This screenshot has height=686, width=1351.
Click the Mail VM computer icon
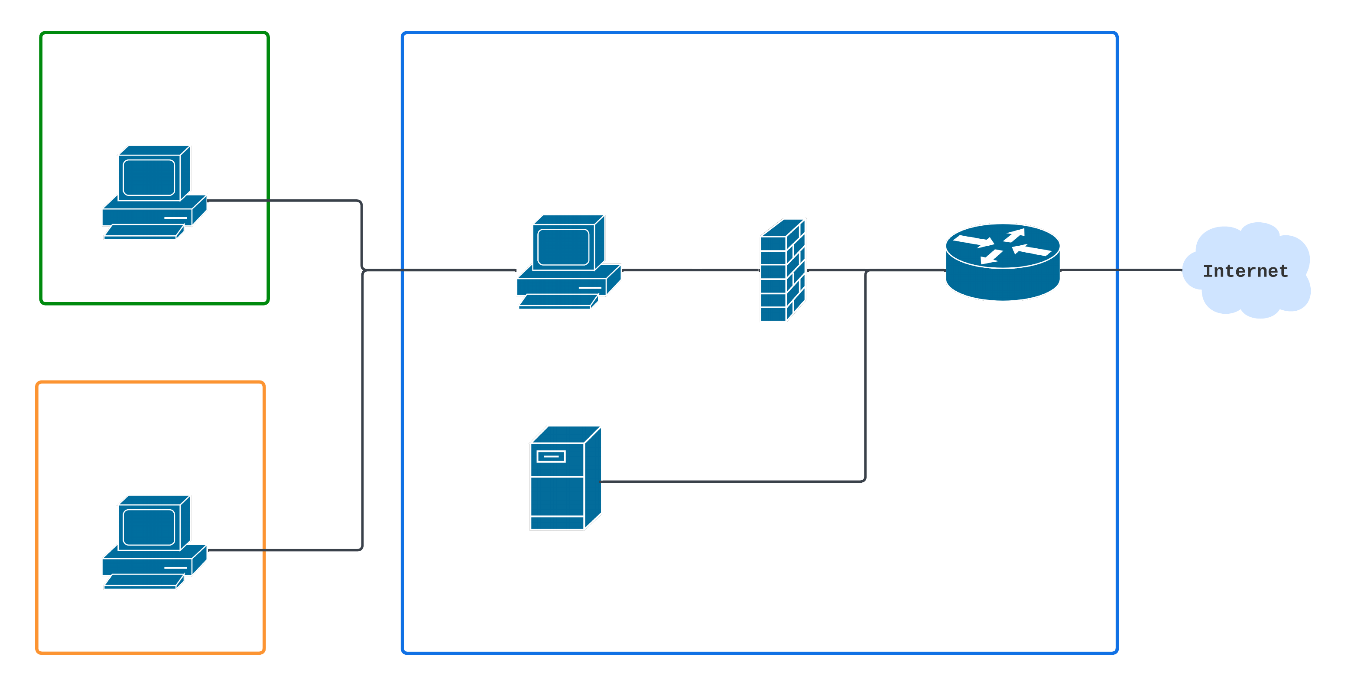click(154, 192)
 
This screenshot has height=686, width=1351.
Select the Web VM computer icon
click(154, 542)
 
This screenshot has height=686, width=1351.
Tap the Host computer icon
click(568, 262)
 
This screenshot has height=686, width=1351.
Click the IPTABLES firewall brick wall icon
click(783, 270)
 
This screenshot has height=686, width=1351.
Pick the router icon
click(1002, 262)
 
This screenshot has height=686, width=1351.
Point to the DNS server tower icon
click(565, 478)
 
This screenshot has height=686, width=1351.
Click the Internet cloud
click(1246, 270)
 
